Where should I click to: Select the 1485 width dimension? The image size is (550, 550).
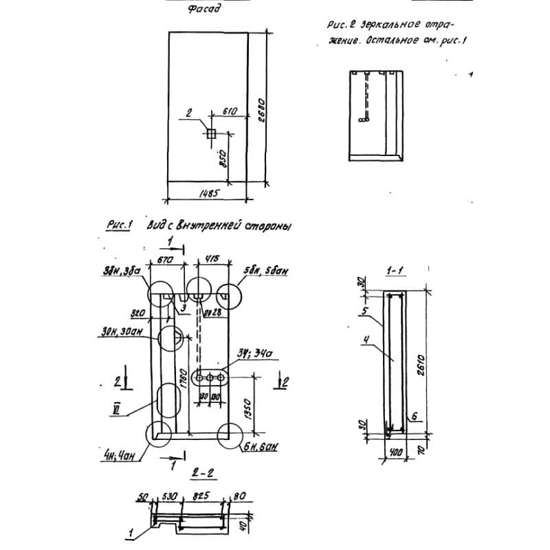(x=208, y=195)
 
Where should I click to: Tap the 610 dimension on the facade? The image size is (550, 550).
(x=230, y=110)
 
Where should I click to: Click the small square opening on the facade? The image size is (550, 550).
(x=212, y=132)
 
